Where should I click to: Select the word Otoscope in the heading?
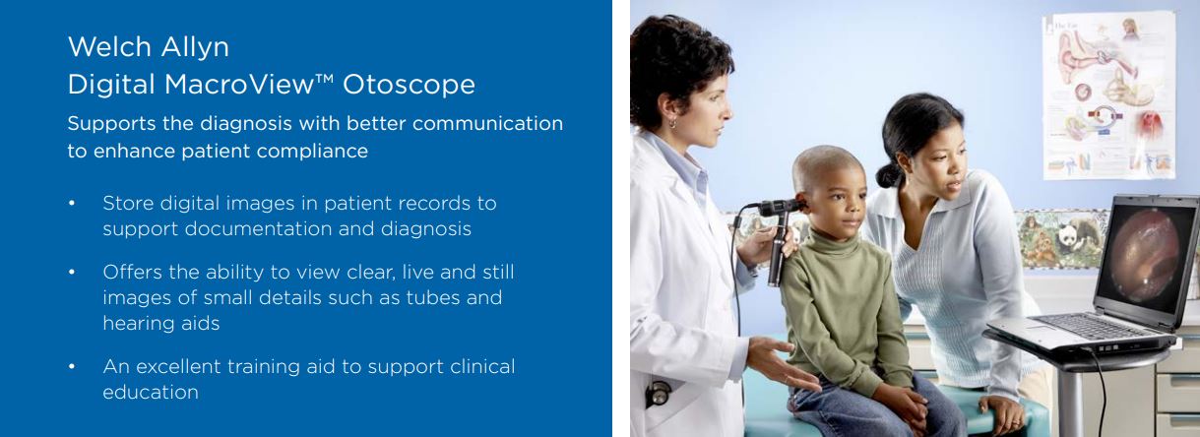[409, 85]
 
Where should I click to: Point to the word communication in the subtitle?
[487, 124]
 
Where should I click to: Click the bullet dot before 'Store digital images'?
[72, 204]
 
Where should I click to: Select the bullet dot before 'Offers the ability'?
[72, 273]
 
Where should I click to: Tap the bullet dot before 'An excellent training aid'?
[72, 367]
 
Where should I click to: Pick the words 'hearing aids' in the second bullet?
[161, 324]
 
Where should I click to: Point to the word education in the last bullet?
[151, 393]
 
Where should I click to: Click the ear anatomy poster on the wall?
[1108, 95]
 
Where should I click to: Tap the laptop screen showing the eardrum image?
[1148, 255]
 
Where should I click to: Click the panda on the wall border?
[1068, 235]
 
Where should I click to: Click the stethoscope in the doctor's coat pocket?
[658, 393]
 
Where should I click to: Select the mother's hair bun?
[889, 175]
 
